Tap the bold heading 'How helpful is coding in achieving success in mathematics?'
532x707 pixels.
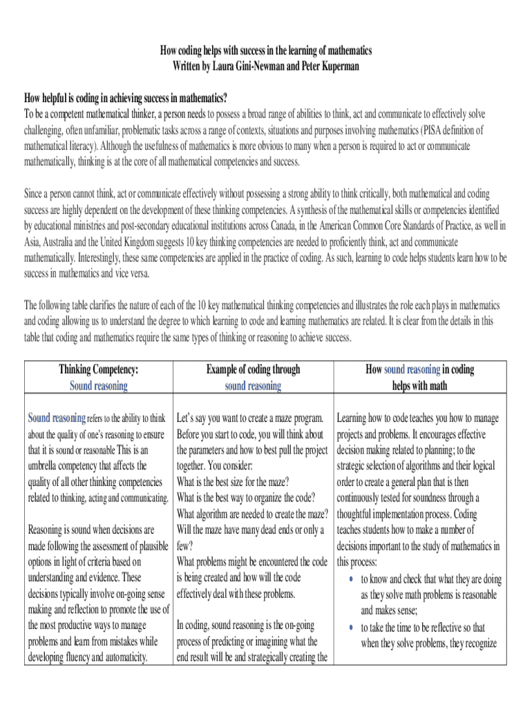[126, 96]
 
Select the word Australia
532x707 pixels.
[70, 241]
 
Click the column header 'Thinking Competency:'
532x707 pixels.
[98, 369]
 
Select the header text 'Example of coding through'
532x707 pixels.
[253, 369]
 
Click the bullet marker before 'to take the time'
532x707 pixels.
[351, 628]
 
